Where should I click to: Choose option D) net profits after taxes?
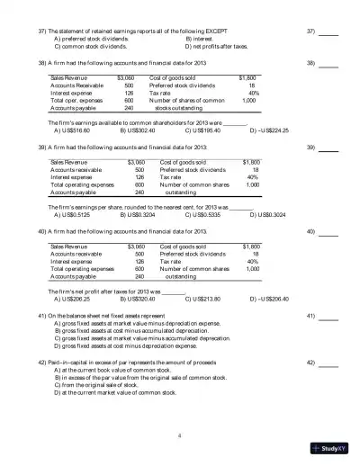click(218, 47)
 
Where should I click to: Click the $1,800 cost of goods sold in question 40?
click(251, 245)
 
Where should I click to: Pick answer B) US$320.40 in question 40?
click(139, 298)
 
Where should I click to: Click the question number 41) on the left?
click(40, 317)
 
